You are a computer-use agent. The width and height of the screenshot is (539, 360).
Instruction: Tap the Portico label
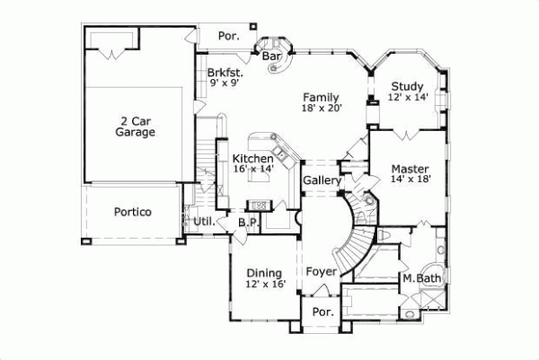132,213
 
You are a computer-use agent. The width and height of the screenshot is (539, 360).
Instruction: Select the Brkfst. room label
224,73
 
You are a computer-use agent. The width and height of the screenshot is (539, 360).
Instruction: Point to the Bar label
272,56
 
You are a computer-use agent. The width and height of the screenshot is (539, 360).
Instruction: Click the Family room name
320,96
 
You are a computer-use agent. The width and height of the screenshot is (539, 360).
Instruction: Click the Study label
407,86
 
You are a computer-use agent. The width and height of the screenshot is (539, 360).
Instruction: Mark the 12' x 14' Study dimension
407,97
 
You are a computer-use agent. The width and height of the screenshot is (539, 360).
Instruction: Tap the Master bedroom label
411,168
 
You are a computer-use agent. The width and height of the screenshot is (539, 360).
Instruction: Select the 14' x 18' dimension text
411,179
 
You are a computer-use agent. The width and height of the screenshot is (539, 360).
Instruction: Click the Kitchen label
252,158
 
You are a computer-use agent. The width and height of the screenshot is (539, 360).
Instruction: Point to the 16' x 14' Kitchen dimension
252,169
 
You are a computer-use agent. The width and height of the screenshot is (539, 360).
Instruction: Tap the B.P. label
249,222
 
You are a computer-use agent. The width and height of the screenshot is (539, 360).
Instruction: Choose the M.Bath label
419,280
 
